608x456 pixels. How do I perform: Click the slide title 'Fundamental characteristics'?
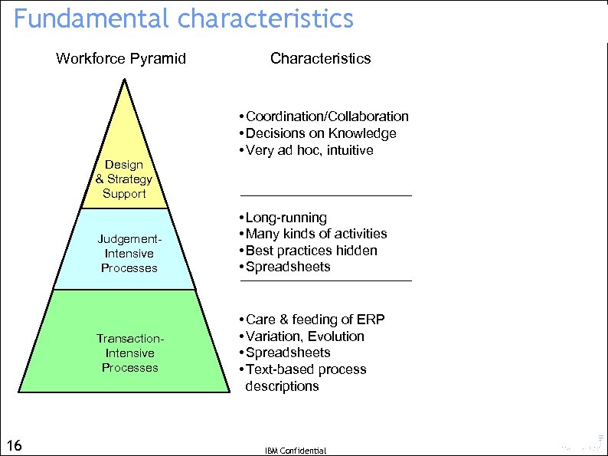click(184, 18)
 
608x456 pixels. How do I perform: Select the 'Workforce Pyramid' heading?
click(121, 58)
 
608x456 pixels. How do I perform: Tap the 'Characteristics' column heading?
click(320, 58)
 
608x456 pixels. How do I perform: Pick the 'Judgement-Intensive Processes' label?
click(129, 254)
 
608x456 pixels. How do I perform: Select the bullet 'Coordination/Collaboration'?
click(326, 116)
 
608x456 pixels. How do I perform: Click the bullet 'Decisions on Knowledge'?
click(320, 133)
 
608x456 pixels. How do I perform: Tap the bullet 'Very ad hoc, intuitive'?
click(309, 150)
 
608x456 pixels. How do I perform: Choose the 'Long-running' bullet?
click(286, 218)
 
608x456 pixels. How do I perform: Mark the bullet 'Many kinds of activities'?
click(315, 234)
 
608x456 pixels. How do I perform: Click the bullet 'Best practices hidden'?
click(311, 251)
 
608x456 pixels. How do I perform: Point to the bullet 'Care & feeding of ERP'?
click(314, 320)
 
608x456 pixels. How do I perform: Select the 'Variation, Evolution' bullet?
click(304, 336)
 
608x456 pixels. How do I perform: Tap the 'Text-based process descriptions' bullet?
click(306, 377)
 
